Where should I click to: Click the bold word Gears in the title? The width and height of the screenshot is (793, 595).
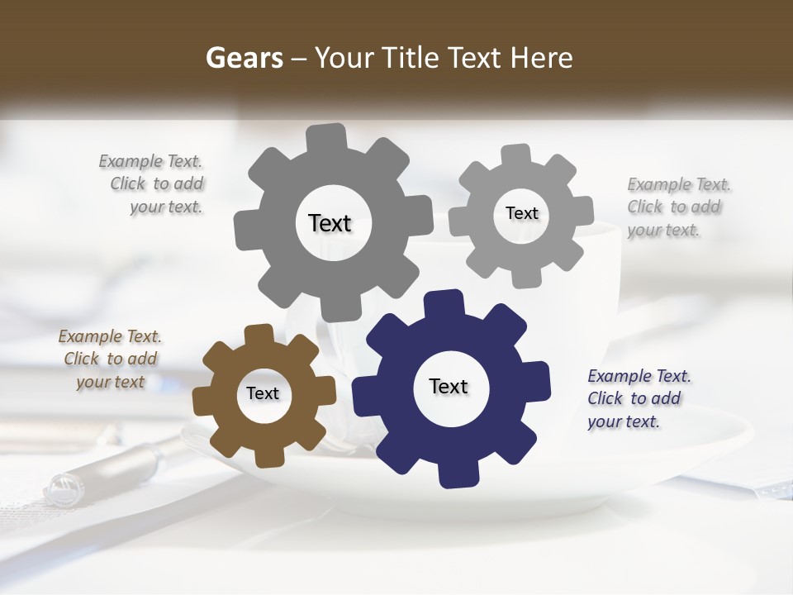pyautogui.click(x=245, y=58)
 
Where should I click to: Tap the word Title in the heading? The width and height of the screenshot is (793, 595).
pyautogui.click(x=411, y=58)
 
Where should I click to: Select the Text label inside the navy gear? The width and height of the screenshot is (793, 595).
pyautogui.click(x=449, y=387)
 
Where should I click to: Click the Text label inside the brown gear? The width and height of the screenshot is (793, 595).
pyautogui.click(x=263, y=393)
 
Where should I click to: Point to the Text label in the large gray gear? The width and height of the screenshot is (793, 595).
pyautogui.click(x=330, y=223)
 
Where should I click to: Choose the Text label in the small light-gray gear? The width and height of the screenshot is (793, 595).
pyautogui.click(x=521, y=213)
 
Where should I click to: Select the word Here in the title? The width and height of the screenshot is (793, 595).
pyautogui.click(x=542, y=58)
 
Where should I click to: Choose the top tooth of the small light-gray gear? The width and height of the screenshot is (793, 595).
pyautogui.click(x=516, y=155)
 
